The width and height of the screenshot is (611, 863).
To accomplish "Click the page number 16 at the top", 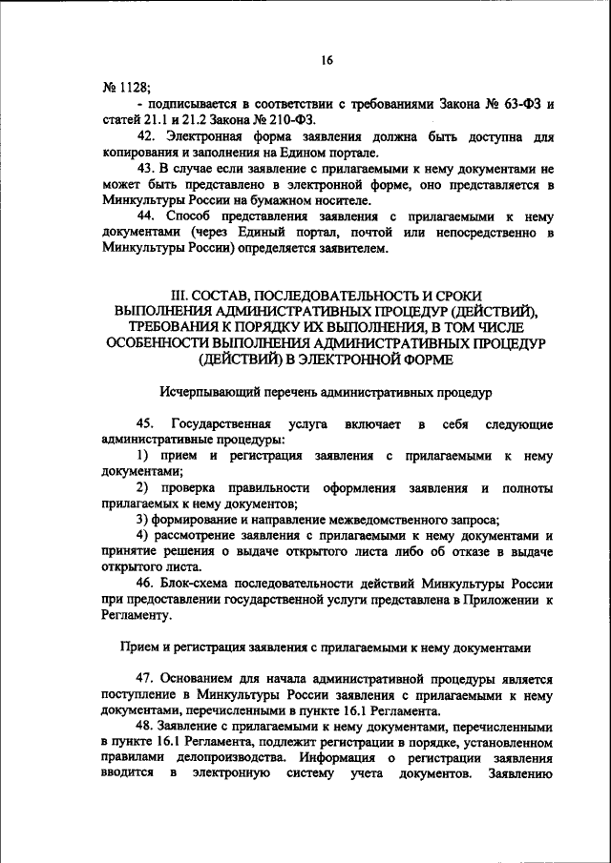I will [327, 60].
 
